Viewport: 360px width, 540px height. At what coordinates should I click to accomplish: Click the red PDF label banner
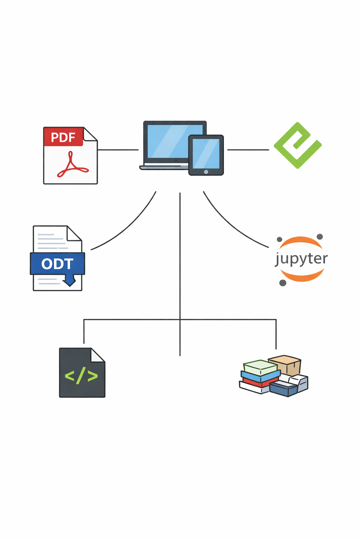click(63, 137)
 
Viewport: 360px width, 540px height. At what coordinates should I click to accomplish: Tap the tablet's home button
click(206, 172)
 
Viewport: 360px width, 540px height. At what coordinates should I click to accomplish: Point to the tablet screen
click(206, 153)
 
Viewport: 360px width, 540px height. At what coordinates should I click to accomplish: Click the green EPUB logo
click(297, 145)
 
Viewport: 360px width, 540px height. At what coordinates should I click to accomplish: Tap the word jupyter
click(301, 259)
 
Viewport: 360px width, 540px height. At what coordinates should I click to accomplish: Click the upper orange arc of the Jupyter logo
click(301, 241)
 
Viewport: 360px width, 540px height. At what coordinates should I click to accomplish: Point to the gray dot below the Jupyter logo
click(283, 283)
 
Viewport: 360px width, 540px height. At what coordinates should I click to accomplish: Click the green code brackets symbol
click(81, 376)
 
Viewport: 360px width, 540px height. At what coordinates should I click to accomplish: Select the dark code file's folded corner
click(98, 355)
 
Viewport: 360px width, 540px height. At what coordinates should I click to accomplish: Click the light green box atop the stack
click(261, 367)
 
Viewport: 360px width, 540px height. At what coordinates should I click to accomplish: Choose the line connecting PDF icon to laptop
click(118, 150)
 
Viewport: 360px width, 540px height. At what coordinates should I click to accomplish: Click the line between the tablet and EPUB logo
click(248, 150)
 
